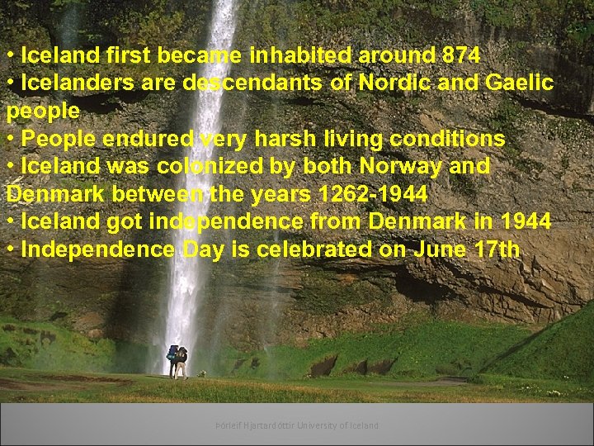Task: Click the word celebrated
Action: [310, 249]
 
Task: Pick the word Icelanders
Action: [78, 83]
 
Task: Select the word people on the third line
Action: [42, 111]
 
